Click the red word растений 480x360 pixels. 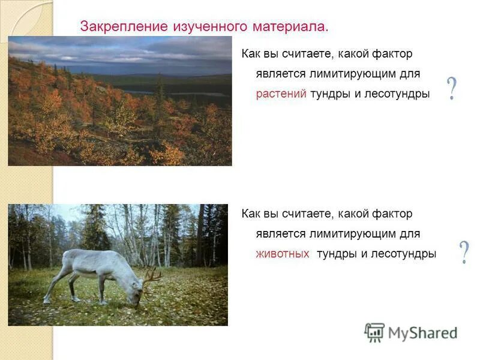point(281,94)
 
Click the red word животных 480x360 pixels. point(283,254)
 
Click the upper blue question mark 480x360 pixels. point(452,89)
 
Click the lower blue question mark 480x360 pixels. point(464,253)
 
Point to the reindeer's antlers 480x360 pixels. point(151,276)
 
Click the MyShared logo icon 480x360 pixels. point(374,332)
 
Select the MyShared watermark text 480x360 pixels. point(422,333)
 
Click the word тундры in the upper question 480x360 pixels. point(329,94)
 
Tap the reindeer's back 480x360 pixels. point(96,255)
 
